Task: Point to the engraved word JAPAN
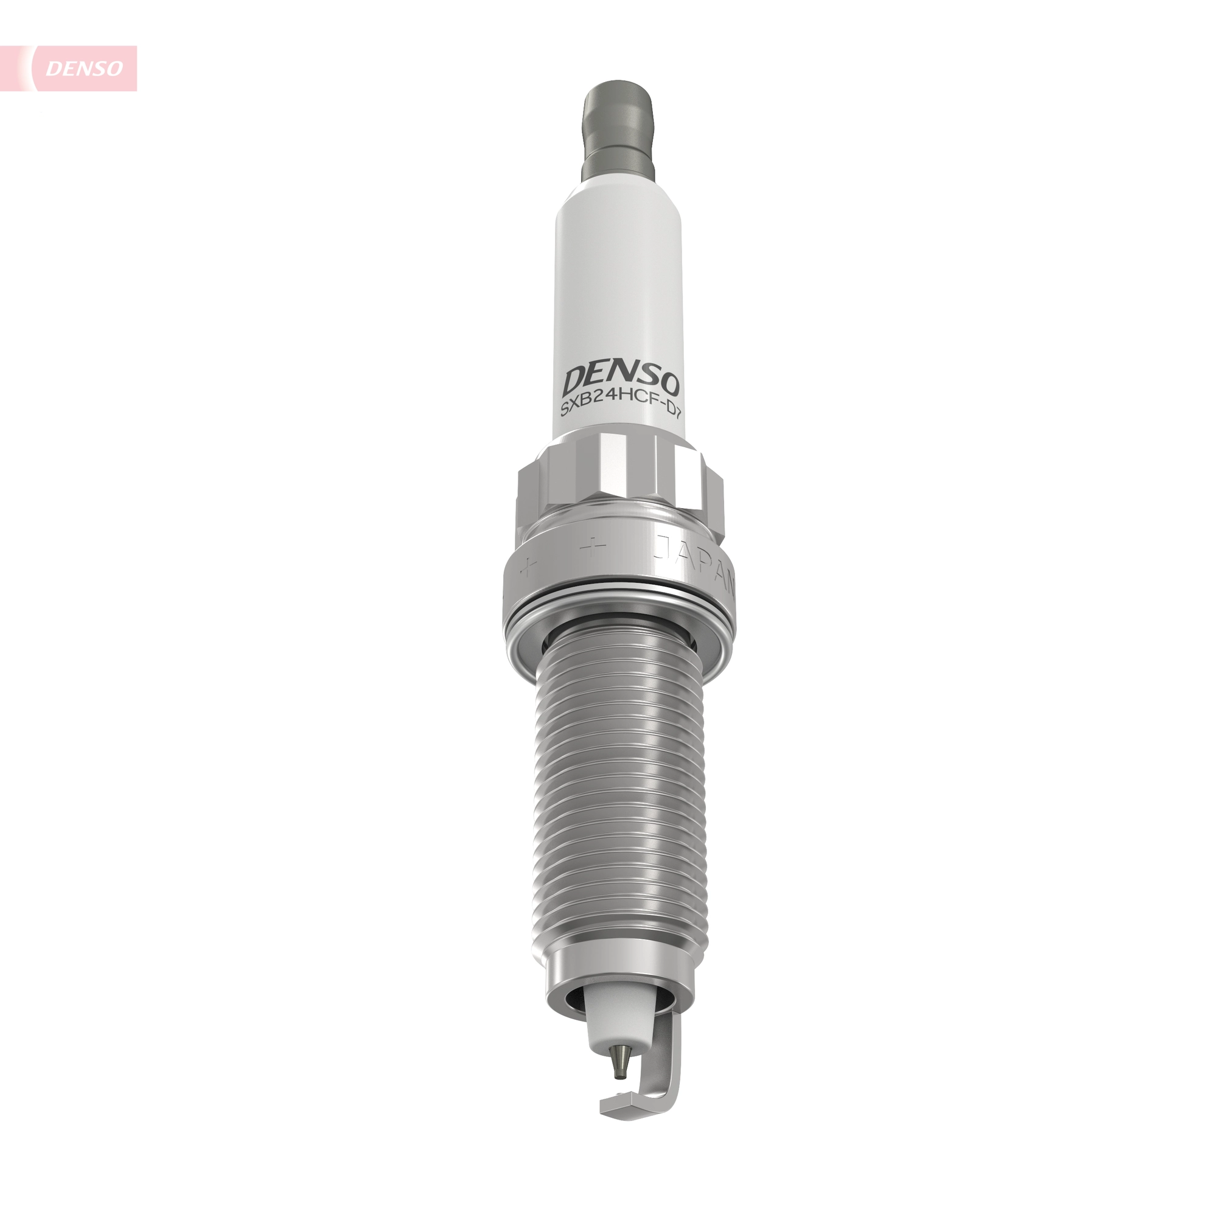[x=696, y=560]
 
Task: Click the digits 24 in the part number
[x=598, y=414]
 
